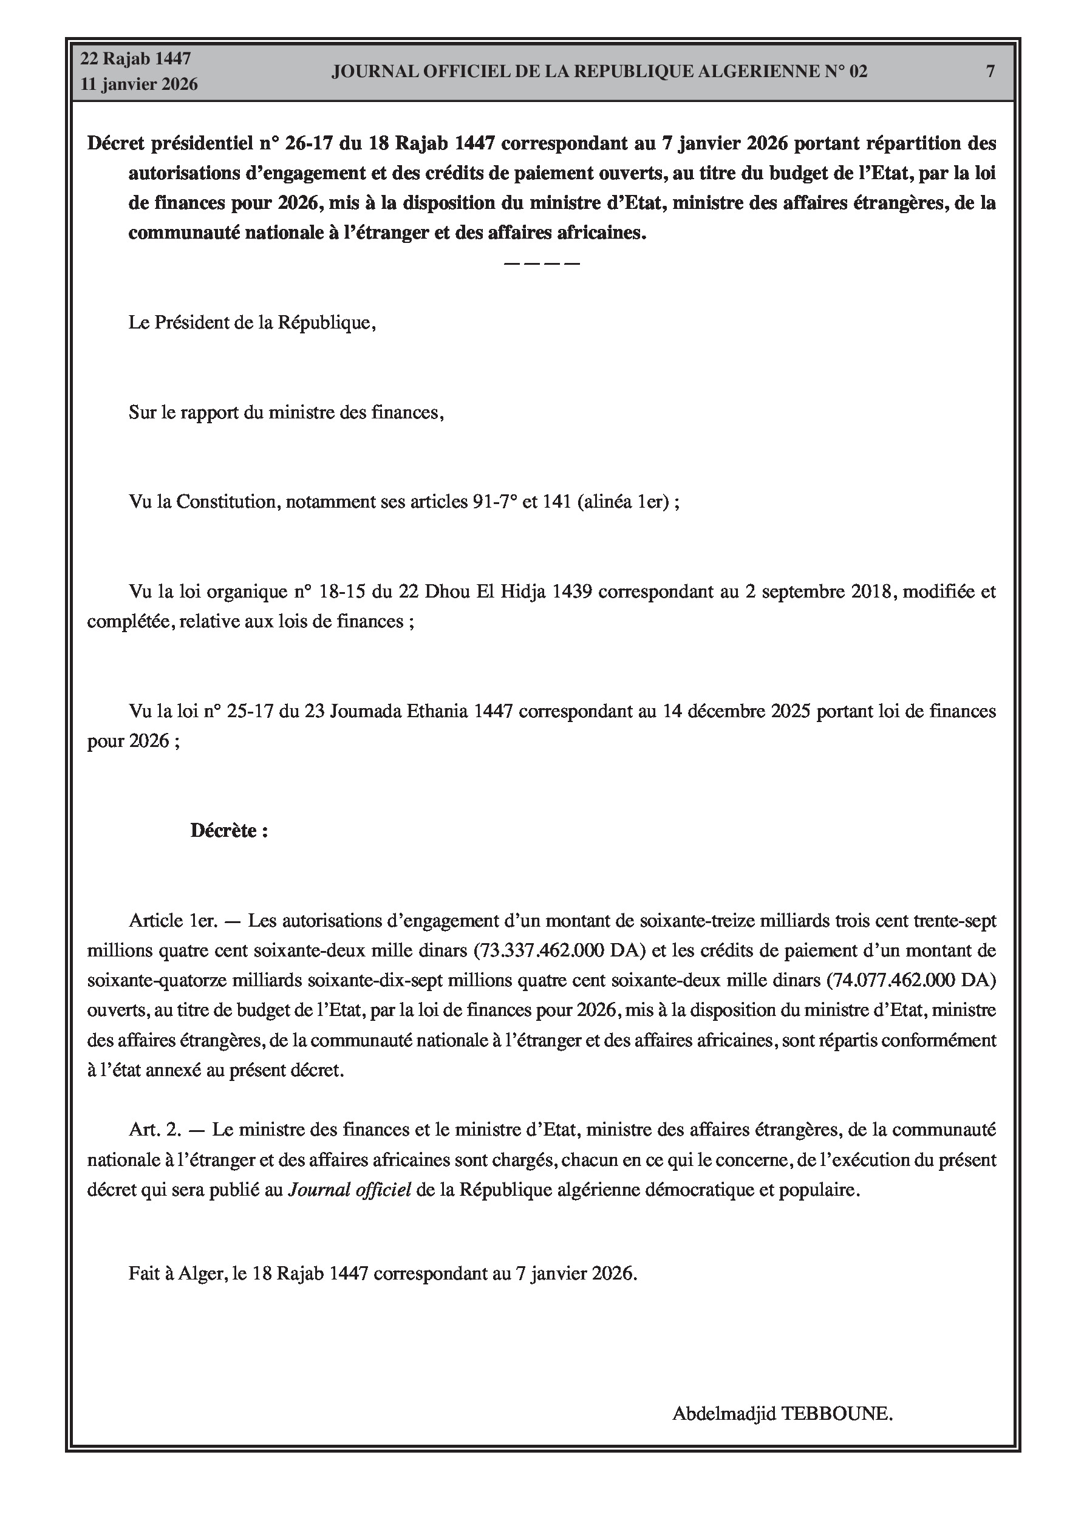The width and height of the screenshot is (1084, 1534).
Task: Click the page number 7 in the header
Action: pos(990,72)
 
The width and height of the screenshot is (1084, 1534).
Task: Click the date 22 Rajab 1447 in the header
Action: pos(135,59)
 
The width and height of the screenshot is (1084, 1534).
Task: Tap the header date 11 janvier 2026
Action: pos(139,84)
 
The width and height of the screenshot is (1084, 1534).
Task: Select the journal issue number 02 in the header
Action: pos(857,72)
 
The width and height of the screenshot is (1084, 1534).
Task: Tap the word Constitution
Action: pos(227,502)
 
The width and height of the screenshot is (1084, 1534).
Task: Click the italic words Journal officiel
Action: pos(350,1190)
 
